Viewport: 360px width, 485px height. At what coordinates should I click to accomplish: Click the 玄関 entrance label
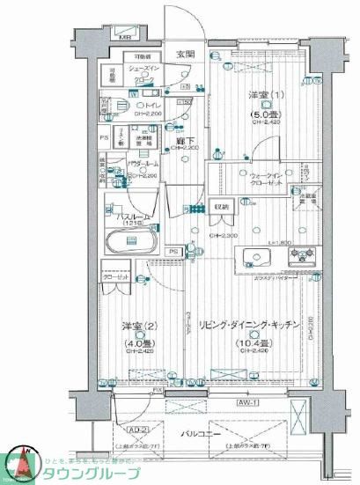(x=184, y=55)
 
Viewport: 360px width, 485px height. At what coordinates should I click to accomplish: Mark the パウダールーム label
(x=142, y=165)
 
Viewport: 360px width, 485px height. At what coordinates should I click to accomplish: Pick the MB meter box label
(x=126, y=38)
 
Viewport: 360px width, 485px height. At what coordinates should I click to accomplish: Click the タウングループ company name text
(x=97, y=473)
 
